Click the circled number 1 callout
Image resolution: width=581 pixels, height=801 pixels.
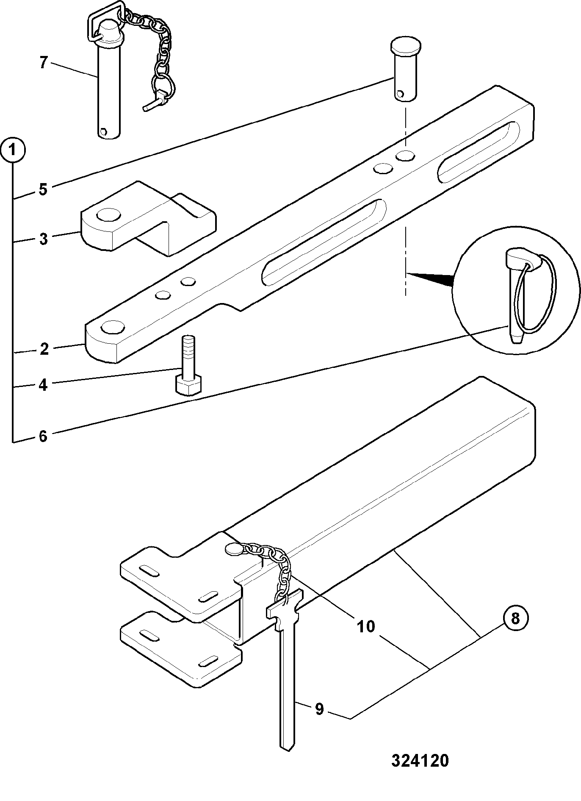point(14,150)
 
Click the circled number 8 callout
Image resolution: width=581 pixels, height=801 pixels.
point(515,618)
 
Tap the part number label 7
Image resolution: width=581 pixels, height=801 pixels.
point(43,63)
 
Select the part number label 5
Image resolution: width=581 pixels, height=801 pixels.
point(43,189)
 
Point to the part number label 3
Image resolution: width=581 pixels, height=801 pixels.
point(43,239)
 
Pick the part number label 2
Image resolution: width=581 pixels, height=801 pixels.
point(44,350)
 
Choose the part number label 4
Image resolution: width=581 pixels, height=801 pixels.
point(43,385)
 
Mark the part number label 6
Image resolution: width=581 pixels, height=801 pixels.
point(43,436)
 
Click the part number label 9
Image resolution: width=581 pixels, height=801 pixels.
point(320,709)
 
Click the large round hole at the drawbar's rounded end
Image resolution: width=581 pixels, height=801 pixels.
point(113,327)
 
